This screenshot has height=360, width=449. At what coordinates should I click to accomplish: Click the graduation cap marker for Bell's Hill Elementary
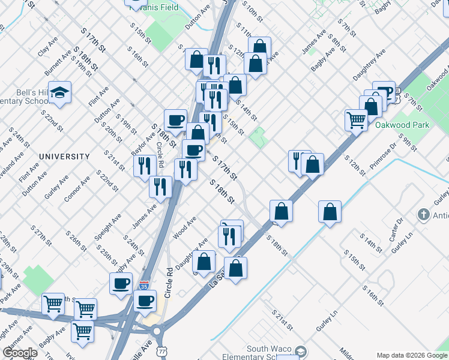click(x=60, y=92)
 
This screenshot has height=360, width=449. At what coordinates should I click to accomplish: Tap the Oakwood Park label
click(x=394, y=125)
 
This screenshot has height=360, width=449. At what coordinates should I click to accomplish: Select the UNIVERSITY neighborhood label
click(x=64, y=157)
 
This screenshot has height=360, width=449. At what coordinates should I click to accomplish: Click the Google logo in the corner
click(x=20, y=353)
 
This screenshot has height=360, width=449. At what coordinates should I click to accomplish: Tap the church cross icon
click(x=424, y=215)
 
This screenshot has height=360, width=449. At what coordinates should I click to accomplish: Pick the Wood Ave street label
click(x=184, y=229)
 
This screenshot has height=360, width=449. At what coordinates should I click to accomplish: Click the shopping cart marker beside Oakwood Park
click(x=356, y=120)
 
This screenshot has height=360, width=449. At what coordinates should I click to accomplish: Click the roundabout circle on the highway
click(x=157, y=330)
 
